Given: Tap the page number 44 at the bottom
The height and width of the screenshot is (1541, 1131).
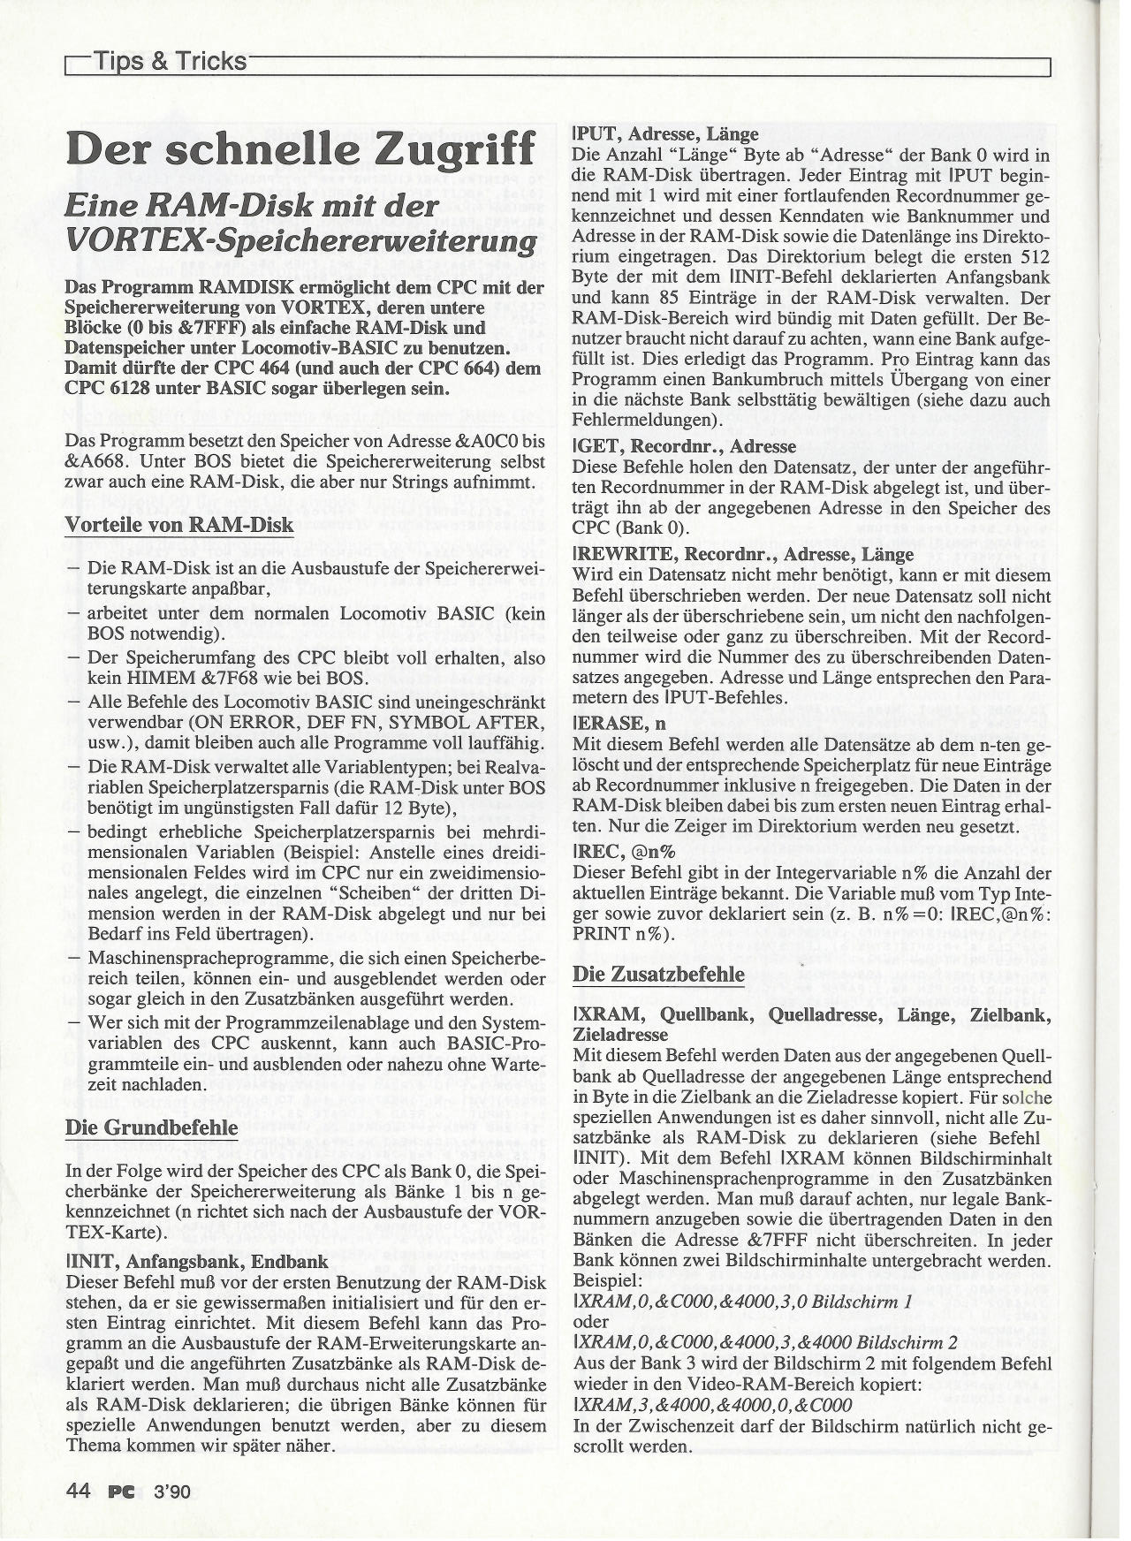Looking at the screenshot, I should coord(78,1491).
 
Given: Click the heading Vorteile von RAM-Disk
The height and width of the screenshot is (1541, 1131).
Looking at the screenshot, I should coord(179,525).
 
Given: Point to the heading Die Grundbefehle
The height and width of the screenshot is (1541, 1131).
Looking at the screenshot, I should coord(152,1127).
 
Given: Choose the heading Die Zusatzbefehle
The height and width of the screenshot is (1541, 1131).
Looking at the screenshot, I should coord(658,974).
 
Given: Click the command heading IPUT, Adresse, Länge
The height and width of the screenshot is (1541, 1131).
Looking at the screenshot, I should coord(665,134).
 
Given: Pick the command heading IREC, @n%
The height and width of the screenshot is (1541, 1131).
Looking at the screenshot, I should coord(624,852).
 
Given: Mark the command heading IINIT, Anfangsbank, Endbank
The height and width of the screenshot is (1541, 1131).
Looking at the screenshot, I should coord(198,1261).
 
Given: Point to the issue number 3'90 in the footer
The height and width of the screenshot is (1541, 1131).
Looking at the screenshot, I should coord(171,1492).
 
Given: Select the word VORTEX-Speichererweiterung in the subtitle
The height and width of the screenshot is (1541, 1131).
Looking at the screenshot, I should coord(300,241).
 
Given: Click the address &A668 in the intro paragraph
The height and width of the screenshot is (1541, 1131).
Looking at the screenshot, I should coord(94,460).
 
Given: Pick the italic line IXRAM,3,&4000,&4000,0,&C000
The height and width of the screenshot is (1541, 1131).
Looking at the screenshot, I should coord(713,1405).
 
